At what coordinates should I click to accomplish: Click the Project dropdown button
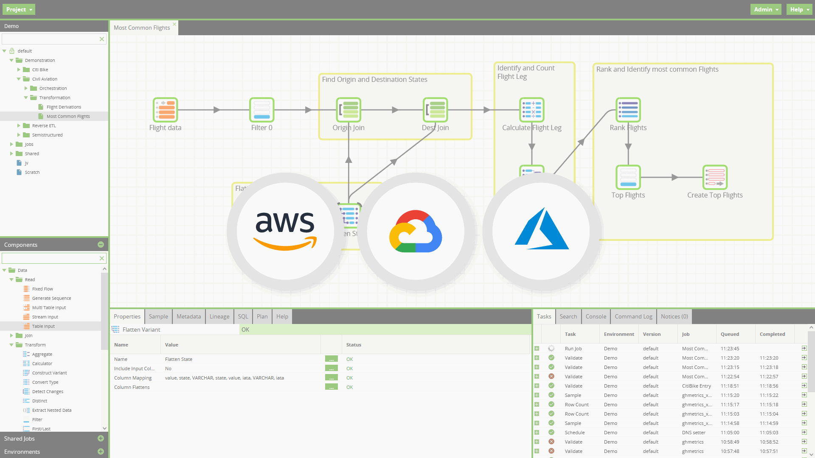(x=19, y=9)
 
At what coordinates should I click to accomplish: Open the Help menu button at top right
(x=799, y=9)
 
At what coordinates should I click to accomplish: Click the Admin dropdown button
(x=765, y=9)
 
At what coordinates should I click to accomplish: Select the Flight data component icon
(x=165, y=110)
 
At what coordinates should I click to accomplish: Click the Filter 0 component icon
(x=261, y=110)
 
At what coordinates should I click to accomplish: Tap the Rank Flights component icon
(x=628, y=110)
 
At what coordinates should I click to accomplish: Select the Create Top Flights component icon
(x=715, y=177)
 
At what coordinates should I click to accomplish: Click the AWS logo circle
(x=285, y=232)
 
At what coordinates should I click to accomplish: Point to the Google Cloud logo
(x=416, y=232)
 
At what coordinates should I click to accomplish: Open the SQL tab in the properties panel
(x=243, y=316)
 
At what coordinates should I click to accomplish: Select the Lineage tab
(x=219, y=316)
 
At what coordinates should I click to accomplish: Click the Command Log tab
(x=633, y=316)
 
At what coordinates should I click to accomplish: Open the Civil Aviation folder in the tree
(x=45, y=79)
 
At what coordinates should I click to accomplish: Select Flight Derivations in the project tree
(x=64, y=107)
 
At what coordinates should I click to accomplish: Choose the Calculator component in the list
(x=42, y=363)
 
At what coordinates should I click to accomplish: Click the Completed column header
(x=772, y=334)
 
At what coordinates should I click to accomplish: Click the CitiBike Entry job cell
(x=696, y=386)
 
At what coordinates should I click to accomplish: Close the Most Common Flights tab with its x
(x=174, y=24)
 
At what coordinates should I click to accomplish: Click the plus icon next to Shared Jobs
(x=101, y=438)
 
